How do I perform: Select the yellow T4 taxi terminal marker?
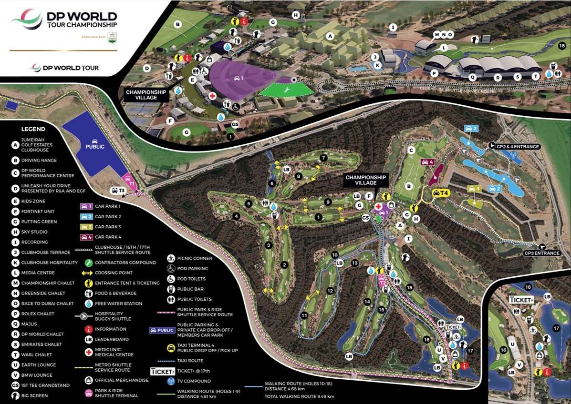click(441, 193)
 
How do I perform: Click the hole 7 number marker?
click(323, 158)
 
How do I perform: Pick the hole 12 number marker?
click(330, 291)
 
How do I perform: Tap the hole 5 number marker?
click(248, 204)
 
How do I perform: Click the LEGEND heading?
click(33, 129)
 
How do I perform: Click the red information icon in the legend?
click(88, 329)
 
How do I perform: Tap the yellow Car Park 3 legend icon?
click(86, 227)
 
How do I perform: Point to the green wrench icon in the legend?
click(88, 263)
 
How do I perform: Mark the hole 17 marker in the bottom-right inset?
click(556, 328)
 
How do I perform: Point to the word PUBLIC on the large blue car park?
click(95, 147)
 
